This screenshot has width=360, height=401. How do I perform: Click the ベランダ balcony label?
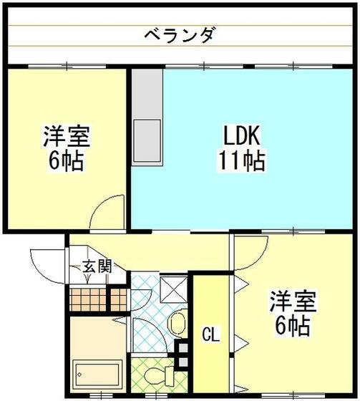(180, 34)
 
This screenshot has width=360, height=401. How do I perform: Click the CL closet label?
(210, 334)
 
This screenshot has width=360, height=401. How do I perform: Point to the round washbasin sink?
(177, 324)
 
